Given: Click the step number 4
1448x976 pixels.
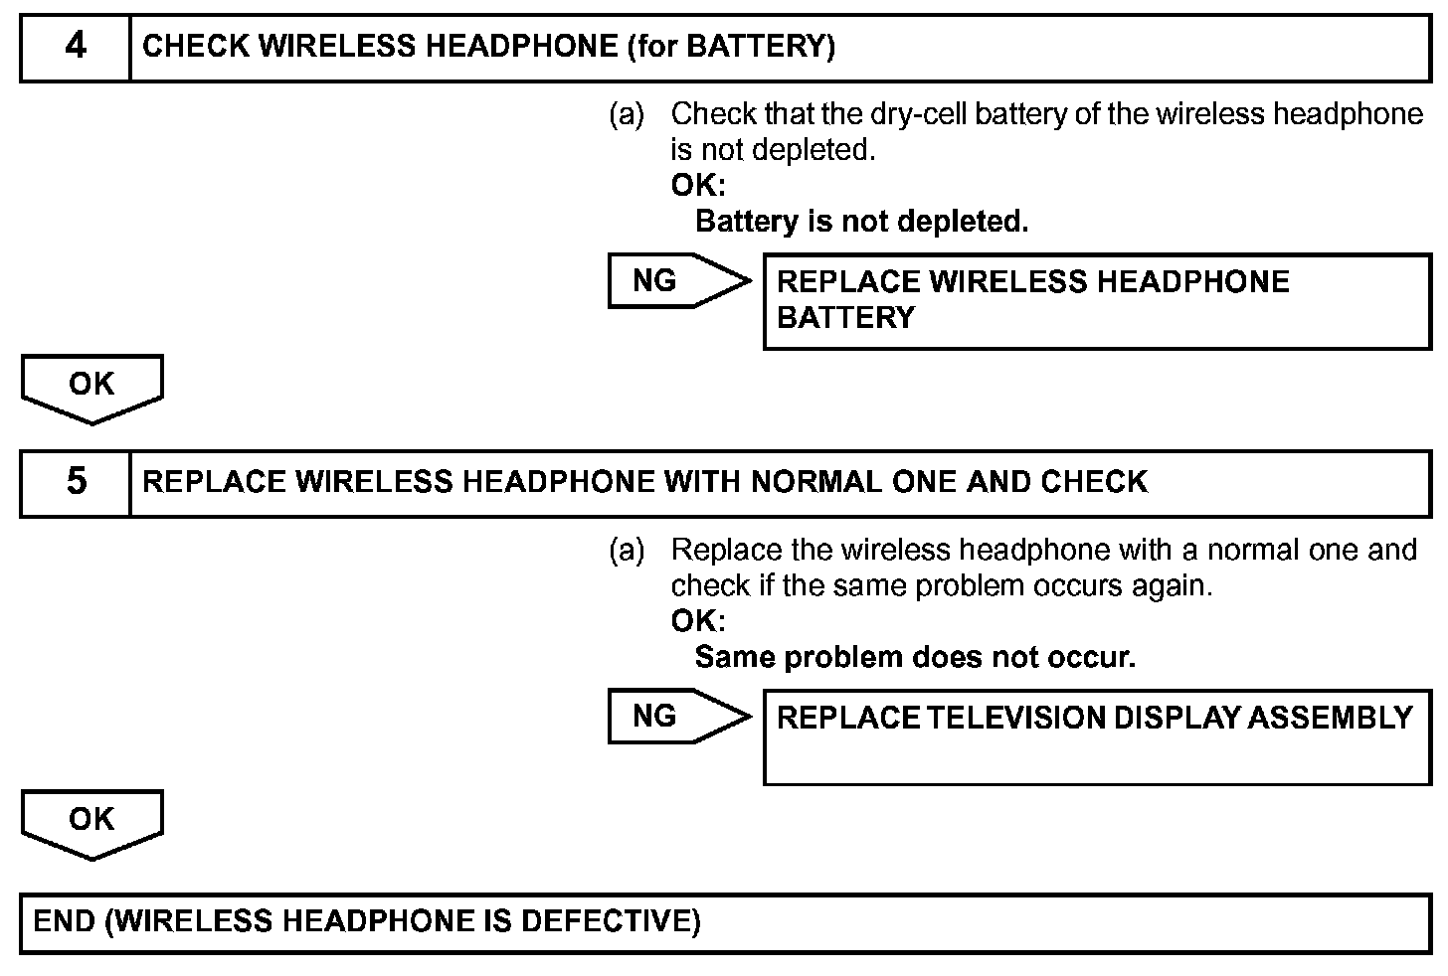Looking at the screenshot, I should coord(76,47).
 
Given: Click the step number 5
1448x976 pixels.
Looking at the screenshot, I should coord(76,482).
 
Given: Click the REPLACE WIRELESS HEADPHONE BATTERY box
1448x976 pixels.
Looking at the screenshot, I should coord(1096,301).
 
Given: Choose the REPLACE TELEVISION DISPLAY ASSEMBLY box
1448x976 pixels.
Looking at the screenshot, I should coord(1096,736).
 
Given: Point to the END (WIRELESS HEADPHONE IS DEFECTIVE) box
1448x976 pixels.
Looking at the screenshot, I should coord(724,923).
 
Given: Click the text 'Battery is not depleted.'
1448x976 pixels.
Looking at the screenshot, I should coord(861,222).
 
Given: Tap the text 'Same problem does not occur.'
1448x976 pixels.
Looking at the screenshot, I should coord(915,657).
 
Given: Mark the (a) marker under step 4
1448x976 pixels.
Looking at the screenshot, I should coord(627,114).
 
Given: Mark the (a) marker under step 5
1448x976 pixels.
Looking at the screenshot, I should coord(627,550).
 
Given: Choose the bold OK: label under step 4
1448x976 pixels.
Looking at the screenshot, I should coord(698,186).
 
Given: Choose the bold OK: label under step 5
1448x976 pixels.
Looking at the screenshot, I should coord(698,621).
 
